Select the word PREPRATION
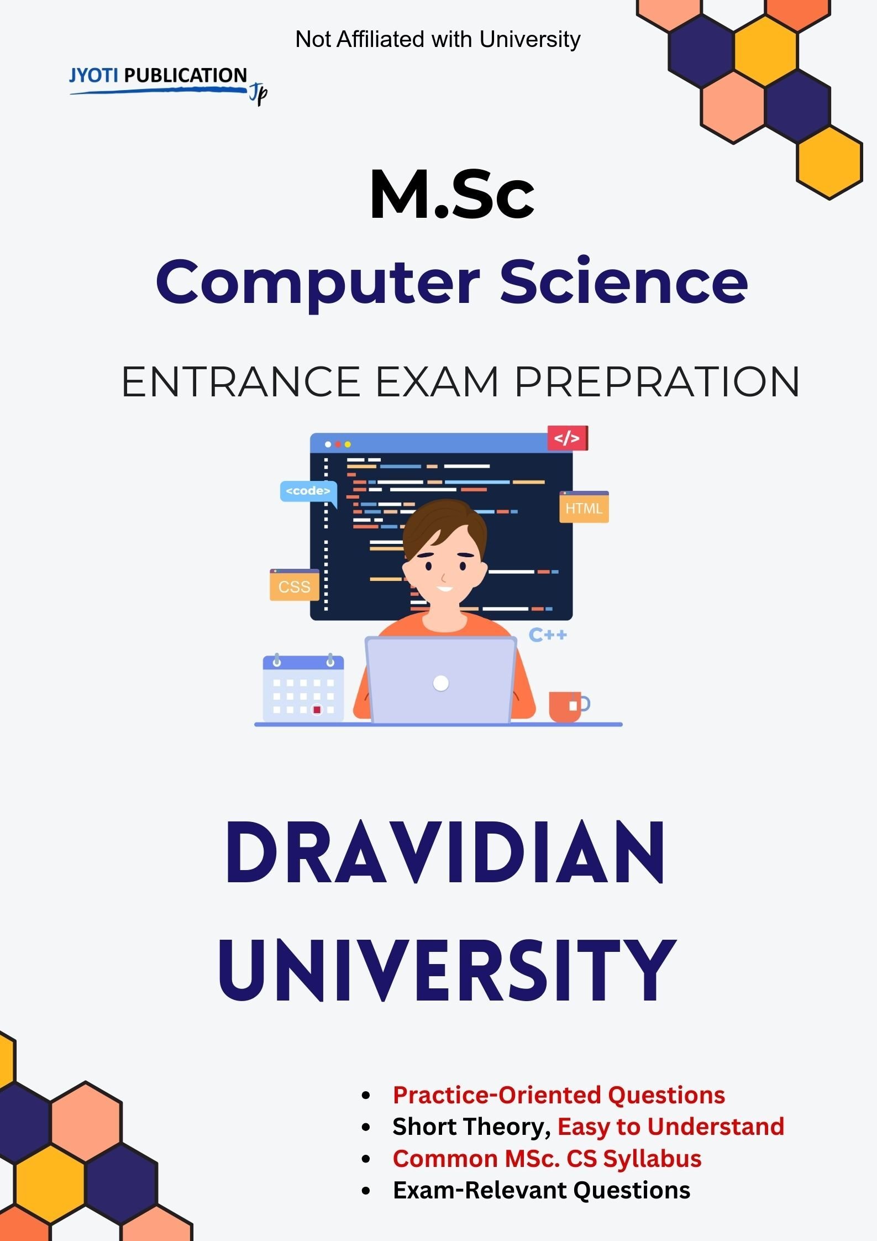(657, 381)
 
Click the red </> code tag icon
(568, 438)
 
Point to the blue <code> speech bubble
(308, 492)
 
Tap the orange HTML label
(584, 507)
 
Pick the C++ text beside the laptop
(548, 635)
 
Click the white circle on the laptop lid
(441, 683)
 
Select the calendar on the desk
(303, 688)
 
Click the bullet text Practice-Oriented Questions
(559, 1095)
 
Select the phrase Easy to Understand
(671, 1127)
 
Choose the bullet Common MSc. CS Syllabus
(547, 1159)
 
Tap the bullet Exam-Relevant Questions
(542, 1190)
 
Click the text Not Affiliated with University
(438, 39)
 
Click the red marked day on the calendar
(317, 710)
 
